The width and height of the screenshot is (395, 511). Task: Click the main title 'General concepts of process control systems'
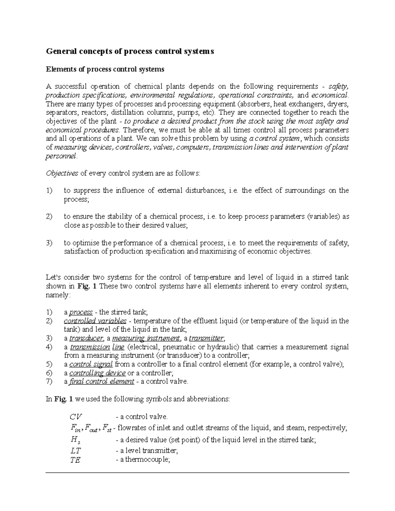pos(130,51)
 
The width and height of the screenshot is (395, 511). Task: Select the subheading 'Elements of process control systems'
pos(105,69)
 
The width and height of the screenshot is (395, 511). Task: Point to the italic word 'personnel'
pos(61,156)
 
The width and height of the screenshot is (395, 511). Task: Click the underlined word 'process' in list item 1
pos(81,312)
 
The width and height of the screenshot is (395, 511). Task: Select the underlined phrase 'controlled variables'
pos(95,321)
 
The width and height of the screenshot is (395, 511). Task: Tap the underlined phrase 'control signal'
pos(91,364)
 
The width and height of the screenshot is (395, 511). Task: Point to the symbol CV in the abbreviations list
pos(75,417)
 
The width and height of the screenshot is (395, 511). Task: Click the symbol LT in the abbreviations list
pos(75,451)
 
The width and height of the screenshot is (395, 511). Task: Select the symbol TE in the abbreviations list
pos(75,460)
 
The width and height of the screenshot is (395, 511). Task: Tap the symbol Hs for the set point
pos(74,440)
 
